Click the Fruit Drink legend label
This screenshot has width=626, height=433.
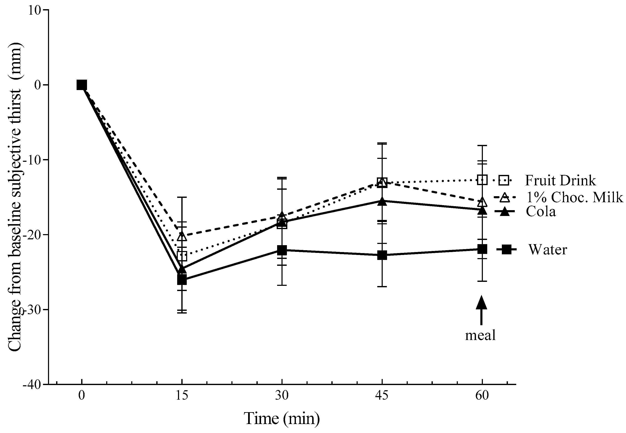[x=560, y=180]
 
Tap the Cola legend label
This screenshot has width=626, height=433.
[x=541, y=212]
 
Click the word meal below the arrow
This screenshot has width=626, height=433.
[x=480, y=335]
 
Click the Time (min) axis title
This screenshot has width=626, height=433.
[x=282, y=419]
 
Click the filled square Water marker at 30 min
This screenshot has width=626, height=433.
[x=282, y=250]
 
